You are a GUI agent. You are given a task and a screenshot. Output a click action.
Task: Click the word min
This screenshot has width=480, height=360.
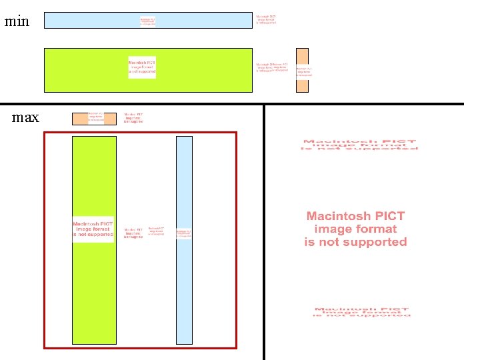click(x=17, y=21)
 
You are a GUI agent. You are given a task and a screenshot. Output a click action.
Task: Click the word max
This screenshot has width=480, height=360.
click(x=25, y=118)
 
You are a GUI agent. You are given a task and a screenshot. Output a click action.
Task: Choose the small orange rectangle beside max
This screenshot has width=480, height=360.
click(x=79, y=119)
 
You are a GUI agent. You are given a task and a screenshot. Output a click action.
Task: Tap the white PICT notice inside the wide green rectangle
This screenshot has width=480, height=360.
click(x=142, y=67)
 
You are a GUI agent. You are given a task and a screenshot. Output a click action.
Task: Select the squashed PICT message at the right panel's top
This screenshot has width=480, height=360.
click(x=360, y=145)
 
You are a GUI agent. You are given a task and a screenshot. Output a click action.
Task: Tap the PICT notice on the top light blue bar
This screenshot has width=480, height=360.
click(x=147, y=21)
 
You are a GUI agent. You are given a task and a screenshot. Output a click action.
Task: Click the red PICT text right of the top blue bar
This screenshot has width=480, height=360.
click(x=267, y=19)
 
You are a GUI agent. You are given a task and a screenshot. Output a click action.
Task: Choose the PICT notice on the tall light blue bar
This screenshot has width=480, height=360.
click(x=184, y=233)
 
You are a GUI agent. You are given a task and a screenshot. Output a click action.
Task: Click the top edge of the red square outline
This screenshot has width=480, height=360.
click(x=140, y=133)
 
